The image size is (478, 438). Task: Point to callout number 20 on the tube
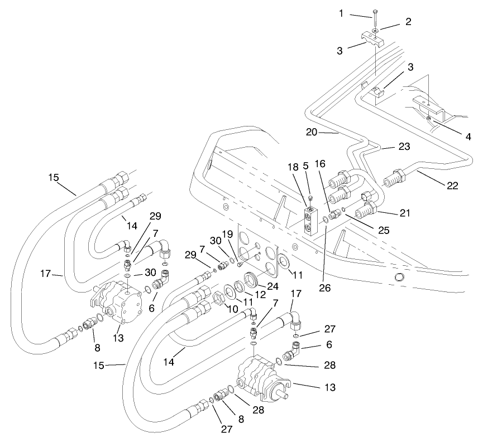tap(312, 132)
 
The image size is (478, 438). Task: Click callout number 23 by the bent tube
tap(403, 147)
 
